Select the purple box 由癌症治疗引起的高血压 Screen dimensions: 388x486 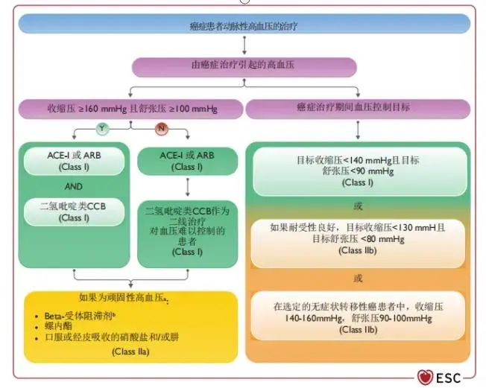(x=243, y=66)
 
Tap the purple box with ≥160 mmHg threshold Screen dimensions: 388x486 (x=130, y=108)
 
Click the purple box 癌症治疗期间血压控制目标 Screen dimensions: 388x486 (x=359, y=108)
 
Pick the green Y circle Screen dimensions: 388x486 (x=101, y=129)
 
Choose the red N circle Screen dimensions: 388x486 (x=160, y=129)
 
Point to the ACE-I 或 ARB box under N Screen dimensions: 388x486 (x=188, y=160)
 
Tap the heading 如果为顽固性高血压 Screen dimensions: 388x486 (x=123, y=296)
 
